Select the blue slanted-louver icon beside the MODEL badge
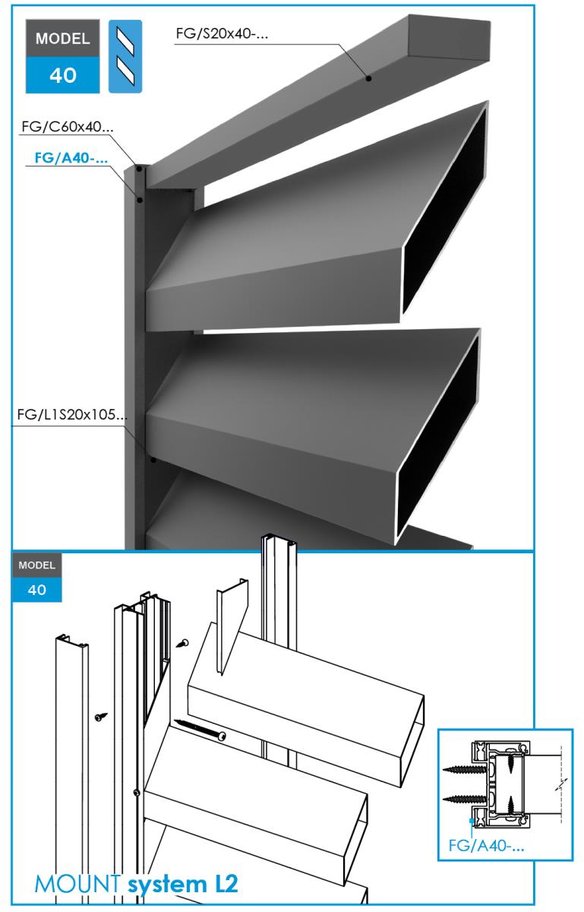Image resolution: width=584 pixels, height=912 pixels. tap(126, 58)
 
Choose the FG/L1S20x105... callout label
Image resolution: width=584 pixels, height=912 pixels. tap(71, 416)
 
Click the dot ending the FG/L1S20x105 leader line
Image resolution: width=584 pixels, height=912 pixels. tap(153, 460)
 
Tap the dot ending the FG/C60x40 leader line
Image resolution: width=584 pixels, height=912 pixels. tap(139, 169)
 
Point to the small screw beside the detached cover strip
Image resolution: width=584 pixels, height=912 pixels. tap(99, 715)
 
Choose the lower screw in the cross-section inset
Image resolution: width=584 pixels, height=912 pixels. tap(465, 797)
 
